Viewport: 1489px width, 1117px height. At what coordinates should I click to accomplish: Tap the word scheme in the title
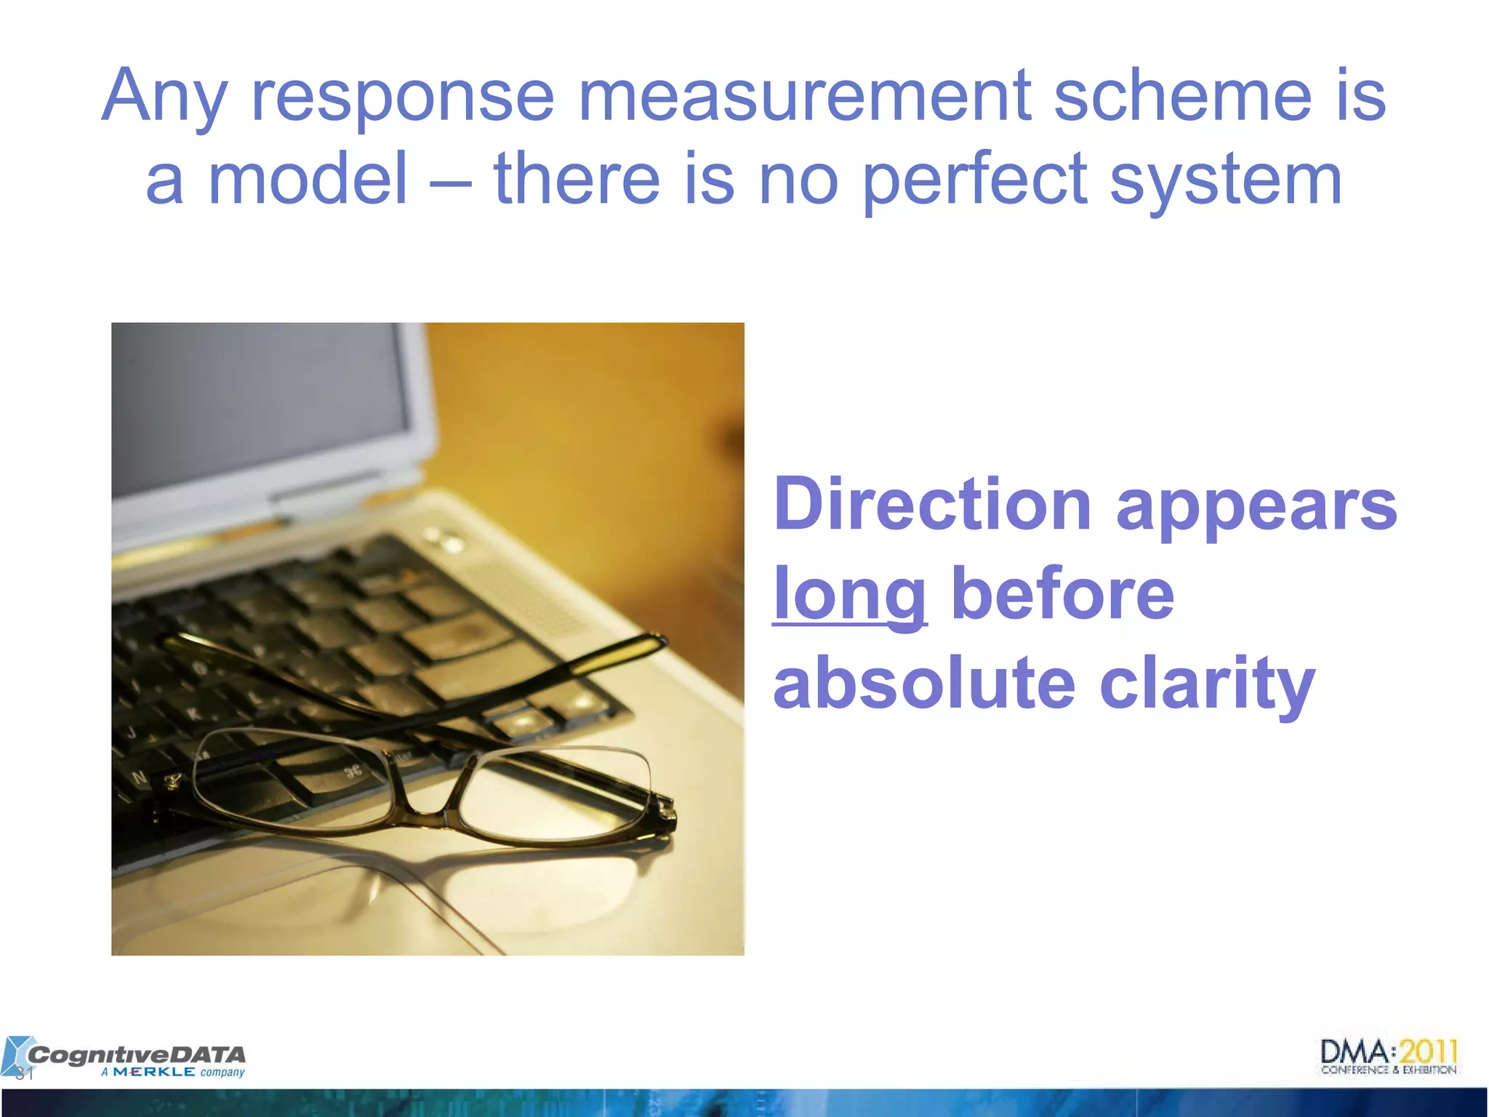(1183, 96)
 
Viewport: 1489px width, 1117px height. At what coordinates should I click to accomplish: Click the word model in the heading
(308, 179)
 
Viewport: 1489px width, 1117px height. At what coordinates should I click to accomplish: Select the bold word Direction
(932, 504)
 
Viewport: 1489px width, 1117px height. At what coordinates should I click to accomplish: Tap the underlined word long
(849, 595)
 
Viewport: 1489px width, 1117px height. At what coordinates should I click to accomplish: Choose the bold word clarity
(1207, 684)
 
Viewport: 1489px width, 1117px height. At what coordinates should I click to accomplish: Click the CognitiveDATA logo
(135, 1054)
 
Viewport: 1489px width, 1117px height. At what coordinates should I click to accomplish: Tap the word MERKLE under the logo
(153, 1072)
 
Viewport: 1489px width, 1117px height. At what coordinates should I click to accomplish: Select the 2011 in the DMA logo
(1428, 1052)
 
